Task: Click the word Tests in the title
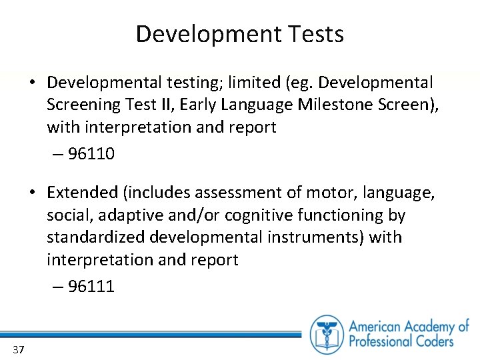point(313,34)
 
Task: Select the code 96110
point(91,154)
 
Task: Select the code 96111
point(91,287)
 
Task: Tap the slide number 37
point(18,350)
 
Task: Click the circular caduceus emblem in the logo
point(327,334)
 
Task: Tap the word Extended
point(82,193)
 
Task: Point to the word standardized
point(97,237)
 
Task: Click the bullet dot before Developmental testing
point(32,83)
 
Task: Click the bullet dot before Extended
point(32,193)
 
